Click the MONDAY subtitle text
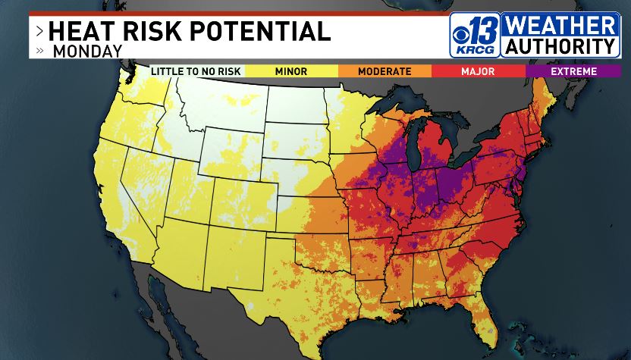point(87,52)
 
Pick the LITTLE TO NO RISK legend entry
point(196,71)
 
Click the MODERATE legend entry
point(385,71)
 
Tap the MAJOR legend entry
point(479,71)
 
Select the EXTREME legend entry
point(573,71)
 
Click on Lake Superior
point(398,106)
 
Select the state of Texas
point(303,288)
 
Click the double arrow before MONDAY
point(39,52)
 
